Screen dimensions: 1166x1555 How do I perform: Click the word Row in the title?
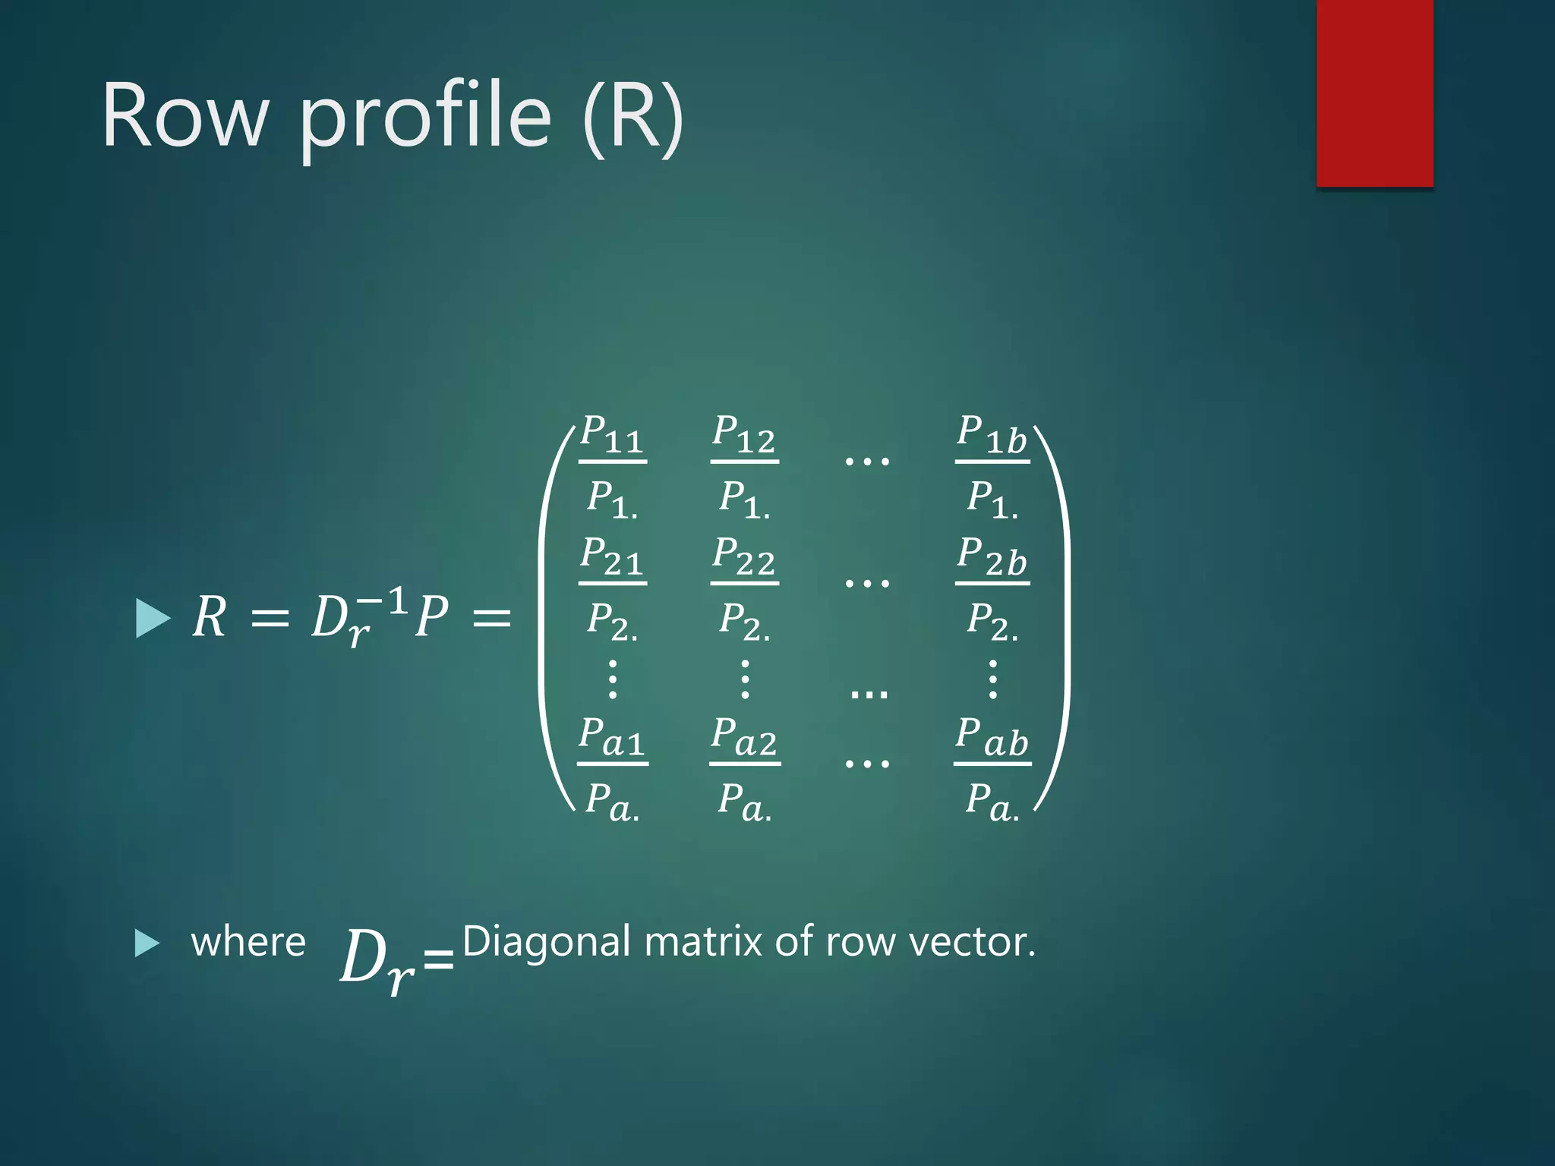click(185, 116)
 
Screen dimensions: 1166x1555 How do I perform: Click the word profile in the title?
click(425, 116)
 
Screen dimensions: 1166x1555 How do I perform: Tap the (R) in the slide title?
click(633, 116)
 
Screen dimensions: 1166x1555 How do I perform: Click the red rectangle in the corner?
click(1374, 93)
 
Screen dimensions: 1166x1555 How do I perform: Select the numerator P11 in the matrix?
click(612, 434)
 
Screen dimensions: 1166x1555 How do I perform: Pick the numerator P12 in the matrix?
click(744, 434)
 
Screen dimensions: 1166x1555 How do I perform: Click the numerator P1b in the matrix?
click(992, 434)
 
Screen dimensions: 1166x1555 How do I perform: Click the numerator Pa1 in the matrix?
click(612, 737)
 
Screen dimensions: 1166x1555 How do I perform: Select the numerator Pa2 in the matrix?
click(744, 737)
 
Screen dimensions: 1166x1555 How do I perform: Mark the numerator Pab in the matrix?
click(992, 737)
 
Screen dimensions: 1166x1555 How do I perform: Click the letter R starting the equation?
click(210, 616)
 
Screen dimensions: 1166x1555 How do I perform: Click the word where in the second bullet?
click(248, 942)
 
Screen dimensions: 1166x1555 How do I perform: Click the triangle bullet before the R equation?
click(152, 618)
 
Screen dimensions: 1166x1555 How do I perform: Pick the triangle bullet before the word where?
click(147, 943)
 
